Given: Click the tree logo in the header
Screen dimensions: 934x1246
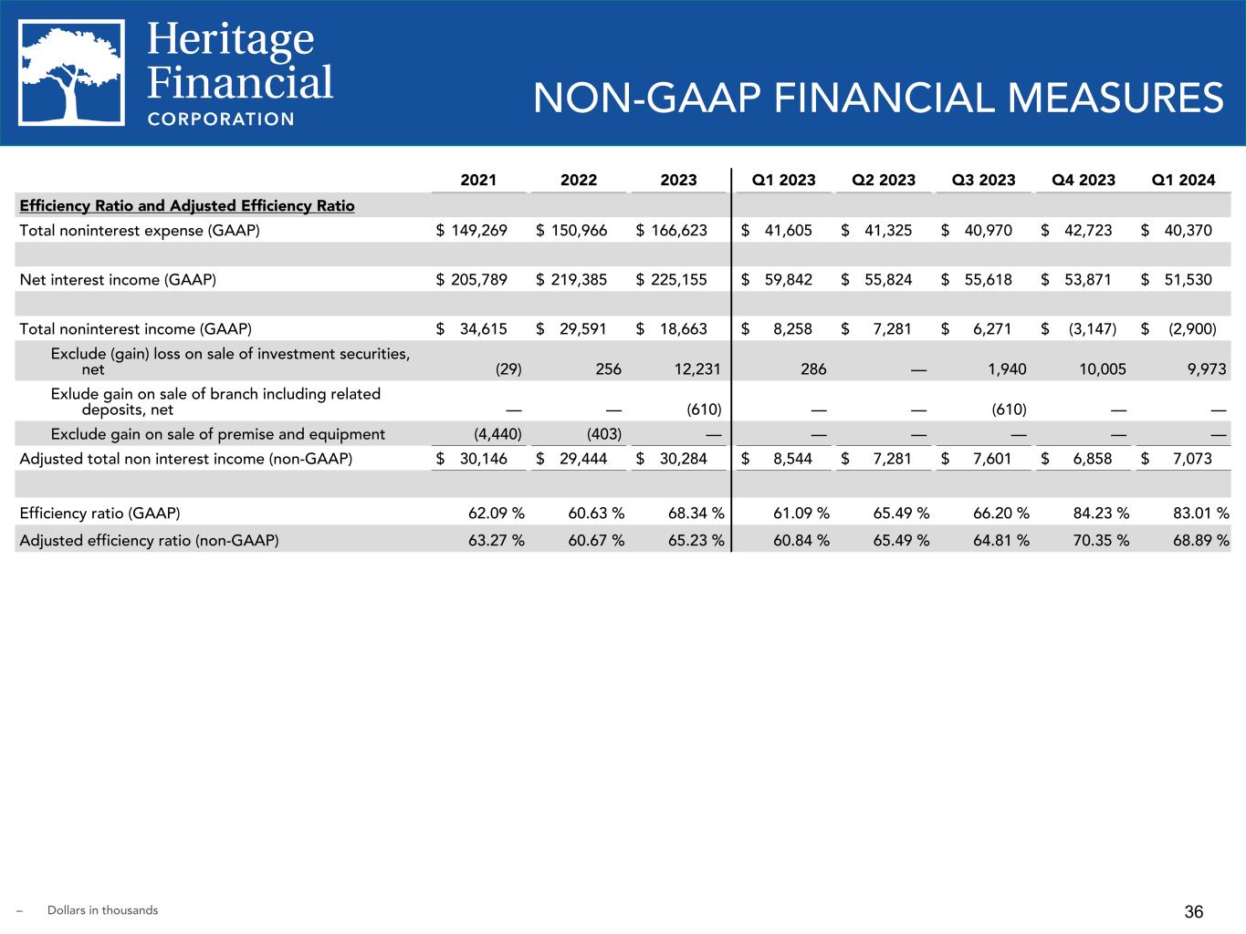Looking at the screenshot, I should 72,73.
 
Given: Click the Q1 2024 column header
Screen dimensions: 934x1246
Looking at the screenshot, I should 1183,180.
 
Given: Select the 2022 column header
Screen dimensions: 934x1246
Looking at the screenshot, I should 579,180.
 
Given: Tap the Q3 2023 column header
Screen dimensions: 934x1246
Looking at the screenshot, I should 983,180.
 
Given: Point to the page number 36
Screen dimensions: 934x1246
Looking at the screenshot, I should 1194,911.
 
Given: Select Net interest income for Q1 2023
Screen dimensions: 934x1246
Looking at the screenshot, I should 788,279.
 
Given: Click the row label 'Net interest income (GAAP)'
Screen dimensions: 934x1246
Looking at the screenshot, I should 118,279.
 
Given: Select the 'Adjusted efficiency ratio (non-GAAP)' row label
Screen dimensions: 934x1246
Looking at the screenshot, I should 149,540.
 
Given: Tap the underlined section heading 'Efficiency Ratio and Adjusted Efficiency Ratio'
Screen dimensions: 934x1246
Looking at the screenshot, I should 187,205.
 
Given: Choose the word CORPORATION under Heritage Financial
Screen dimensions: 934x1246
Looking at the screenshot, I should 221,119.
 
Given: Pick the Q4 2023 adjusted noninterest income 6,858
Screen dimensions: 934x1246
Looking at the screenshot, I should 1092,458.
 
